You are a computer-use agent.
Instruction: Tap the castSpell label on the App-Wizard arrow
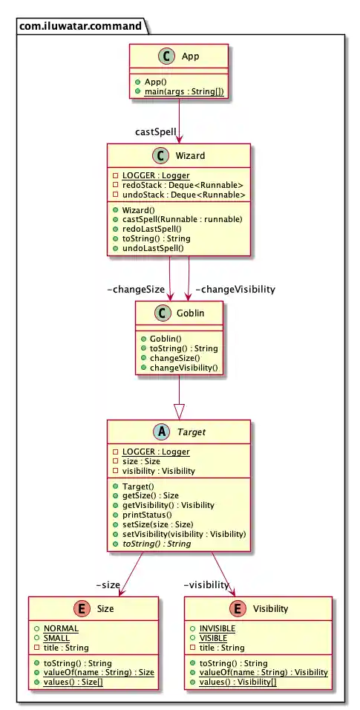coord(156,132)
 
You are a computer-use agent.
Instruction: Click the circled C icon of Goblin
coord(163,313)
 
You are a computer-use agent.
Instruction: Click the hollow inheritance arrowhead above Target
coord(178,408)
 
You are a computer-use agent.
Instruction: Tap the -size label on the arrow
coord(108,584)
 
